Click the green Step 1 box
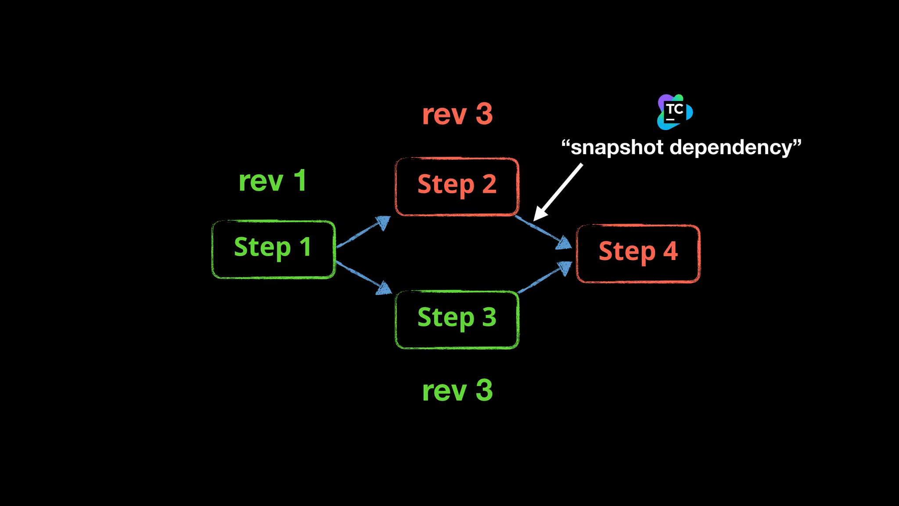coord(273,249)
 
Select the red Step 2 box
coord(457,187)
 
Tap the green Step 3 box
coord(457,319)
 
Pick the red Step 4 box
coord(638,253)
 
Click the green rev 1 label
coord(272,181)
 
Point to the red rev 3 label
coord(457,114)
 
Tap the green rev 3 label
coord(457,390)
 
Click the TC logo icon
coord(675,112)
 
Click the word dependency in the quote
coord(731,148)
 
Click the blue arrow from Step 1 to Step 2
coord(363,231)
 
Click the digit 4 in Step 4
coord(670,251)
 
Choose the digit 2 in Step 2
coord(489,184)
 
